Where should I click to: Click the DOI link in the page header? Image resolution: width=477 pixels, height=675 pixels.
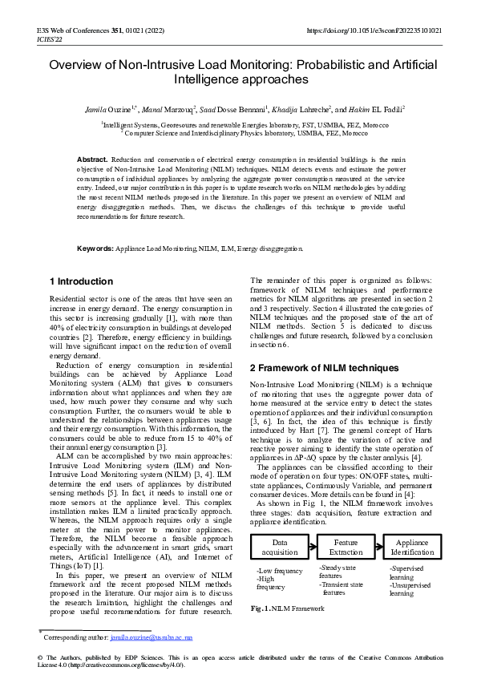tap(374, 30)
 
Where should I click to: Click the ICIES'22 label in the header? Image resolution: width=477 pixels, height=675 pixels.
tap(50, 39)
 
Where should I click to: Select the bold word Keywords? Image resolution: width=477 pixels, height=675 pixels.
tap(95, 249)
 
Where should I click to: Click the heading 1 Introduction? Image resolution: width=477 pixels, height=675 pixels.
tap(81, 282)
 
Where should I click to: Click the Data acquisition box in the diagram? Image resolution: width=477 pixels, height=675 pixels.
tap(280, 548)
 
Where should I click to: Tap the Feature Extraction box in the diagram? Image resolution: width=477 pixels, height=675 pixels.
tap(346, 548)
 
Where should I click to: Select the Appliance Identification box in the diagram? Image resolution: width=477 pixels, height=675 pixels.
tap(412, 548)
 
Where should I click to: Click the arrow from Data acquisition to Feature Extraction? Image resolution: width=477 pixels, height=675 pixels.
tap(313, 548)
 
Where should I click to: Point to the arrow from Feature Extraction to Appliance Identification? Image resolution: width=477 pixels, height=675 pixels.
tap(379, 548)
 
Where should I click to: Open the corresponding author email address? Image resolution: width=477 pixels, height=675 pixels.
tap(152, 638)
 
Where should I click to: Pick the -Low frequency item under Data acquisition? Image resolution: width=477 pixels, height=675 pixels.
tap(279, 570)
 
